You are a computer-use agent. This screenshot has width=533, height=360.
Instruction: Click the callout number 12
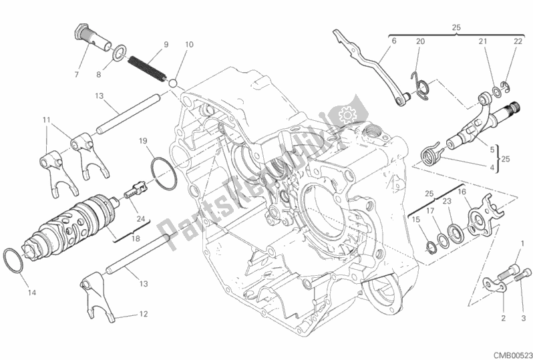pos(143,314)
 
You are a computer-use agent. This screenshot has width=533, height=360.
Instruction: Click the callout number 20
pos(420,41)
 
